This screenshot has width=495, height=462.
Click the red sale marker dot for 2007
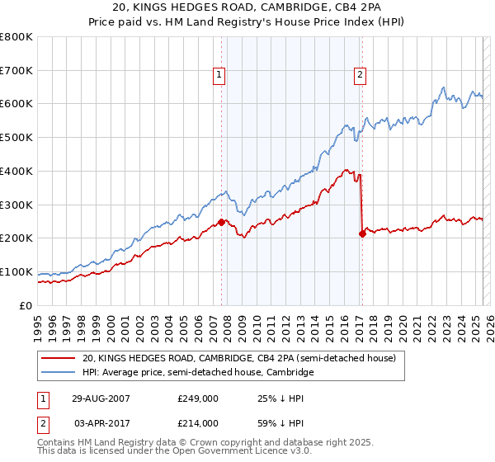click(222, 222)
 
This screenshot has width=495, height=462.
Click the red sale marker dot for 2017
click(362, 233)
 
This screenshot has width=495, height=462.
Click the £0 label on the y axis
click(25, 305)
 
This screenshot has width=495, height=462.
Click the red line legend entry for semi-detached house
click(240, 358)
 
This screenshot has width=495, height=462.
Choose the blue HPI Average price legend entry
click(198, 373)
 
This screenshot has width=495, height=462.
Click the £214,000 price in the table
click(198, 422)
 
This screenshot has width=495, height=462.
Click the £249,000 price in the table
click(198, 398)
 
